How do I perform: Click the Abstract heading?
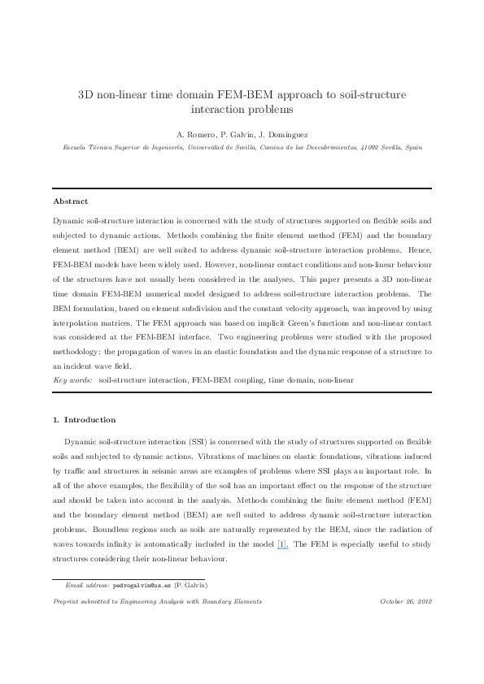click(70, 201)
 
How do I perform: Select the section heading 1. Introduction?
click(84, 420)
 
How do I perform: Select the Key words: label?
click(72, 379)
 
